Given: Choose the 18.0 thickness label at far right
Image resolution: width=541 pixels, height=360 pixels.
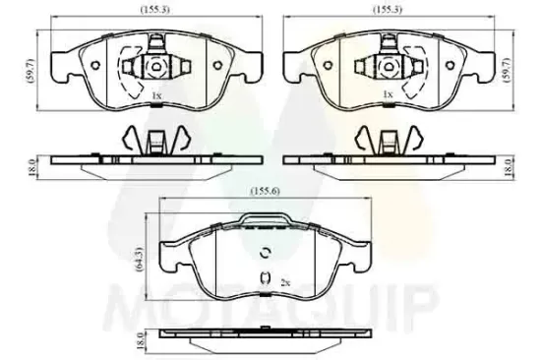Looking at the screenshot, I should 509,167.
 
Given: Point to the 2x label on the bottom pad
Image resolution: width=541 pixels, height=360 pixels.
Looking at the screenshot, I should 283,281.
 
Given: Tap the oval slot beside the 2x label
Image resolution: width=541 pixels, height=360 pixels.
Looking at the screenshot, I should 265,282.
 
